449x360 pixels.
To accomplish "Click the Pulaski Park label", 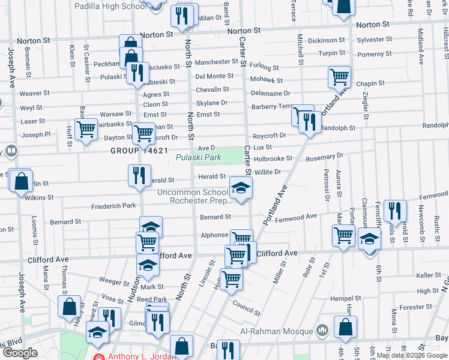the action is (x=199, y=158).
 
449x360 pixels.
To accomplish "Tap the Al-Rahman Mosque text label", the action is (x=277, y=331).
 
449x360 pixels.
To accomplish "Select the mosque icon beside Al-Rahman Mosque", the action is (x=322, y=330).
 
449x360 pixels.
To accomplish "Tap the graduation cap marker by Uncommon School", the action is (x=241, y=189).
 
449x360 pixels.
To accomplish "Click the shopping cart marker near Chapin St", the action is (x=339, y=77).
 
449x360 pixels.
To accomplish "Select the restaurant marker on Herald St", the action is (x=139, y=176).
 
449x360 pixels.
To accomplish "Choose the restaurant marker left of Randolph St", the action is (x=309, y=122).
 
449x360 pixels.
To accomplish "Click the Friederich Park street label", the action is (x=113, y=206).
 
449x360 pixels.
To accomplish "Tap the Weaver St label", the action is (x=34, y=94).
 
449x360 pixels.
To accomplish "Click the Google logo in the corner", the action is (x=20, y=352).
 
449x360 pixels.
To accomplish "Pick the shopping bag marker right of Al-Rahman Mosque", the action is (x=345, y=328).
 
